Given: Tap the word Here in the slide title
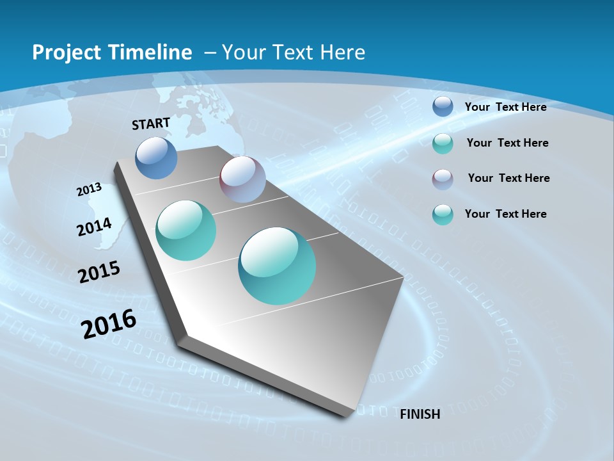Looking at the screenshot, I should pos(342,53).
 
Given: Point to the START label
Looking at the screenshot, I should pos(151,124).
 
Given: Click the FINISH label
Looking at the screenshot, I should pos(420,414).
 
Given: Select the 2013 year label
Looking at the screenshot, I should pos(89,190).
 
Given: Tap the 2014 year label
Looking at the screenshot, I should pos(94,227).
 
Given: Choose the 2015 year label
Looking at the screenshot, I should pos(99,271).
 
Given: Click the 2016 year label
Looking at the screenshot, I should pos(109,323).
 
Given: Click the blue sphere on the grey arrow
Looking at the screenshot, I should pos(156,158).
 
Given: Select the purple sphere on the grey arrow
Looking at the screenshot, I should pos(242,179).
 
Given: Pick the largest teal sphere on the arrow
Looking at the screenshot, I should pos(277,266).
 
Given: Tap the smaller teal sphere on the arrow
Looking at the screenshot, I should pos(186,230).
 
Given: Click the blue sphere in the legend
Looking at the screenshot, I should pos(443,106).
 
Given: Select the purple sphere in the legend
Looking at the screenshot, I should pos(443,179).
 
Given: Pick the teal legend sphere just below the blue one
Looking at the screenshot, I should pos(443,143).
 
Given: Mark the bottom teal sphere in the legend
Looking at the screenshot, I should pos(443,214).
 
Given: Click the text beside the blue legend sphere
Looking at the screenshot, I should pos(505,107).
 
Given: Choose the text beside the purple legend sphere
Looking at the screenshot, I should pos(508,178).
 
